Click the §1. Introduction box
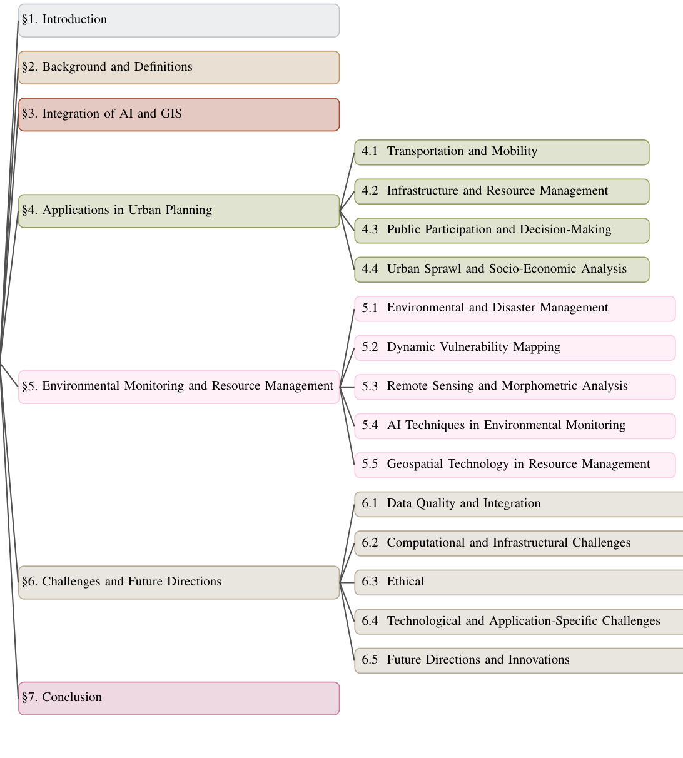point(179,21)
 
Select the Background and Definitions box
point(179,68)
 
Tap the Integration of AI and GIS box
point(179,114)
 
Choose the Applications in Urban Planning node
point(179,211)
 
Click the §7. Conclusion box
point(179,698)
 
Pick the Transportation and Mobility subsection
point(502,153)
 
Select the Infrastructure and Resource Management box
point(502,191)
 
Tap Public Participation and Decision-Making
point(502,231)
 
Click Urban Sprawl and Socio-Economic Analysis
point(502,270)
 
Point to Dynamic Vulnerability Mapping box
point(515,348)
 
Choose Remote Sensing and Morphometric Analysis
point(515,387)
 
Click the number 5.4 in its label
point(370,425)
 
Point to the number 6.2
point(370,543)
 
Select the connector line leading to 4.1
point(347,181)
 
